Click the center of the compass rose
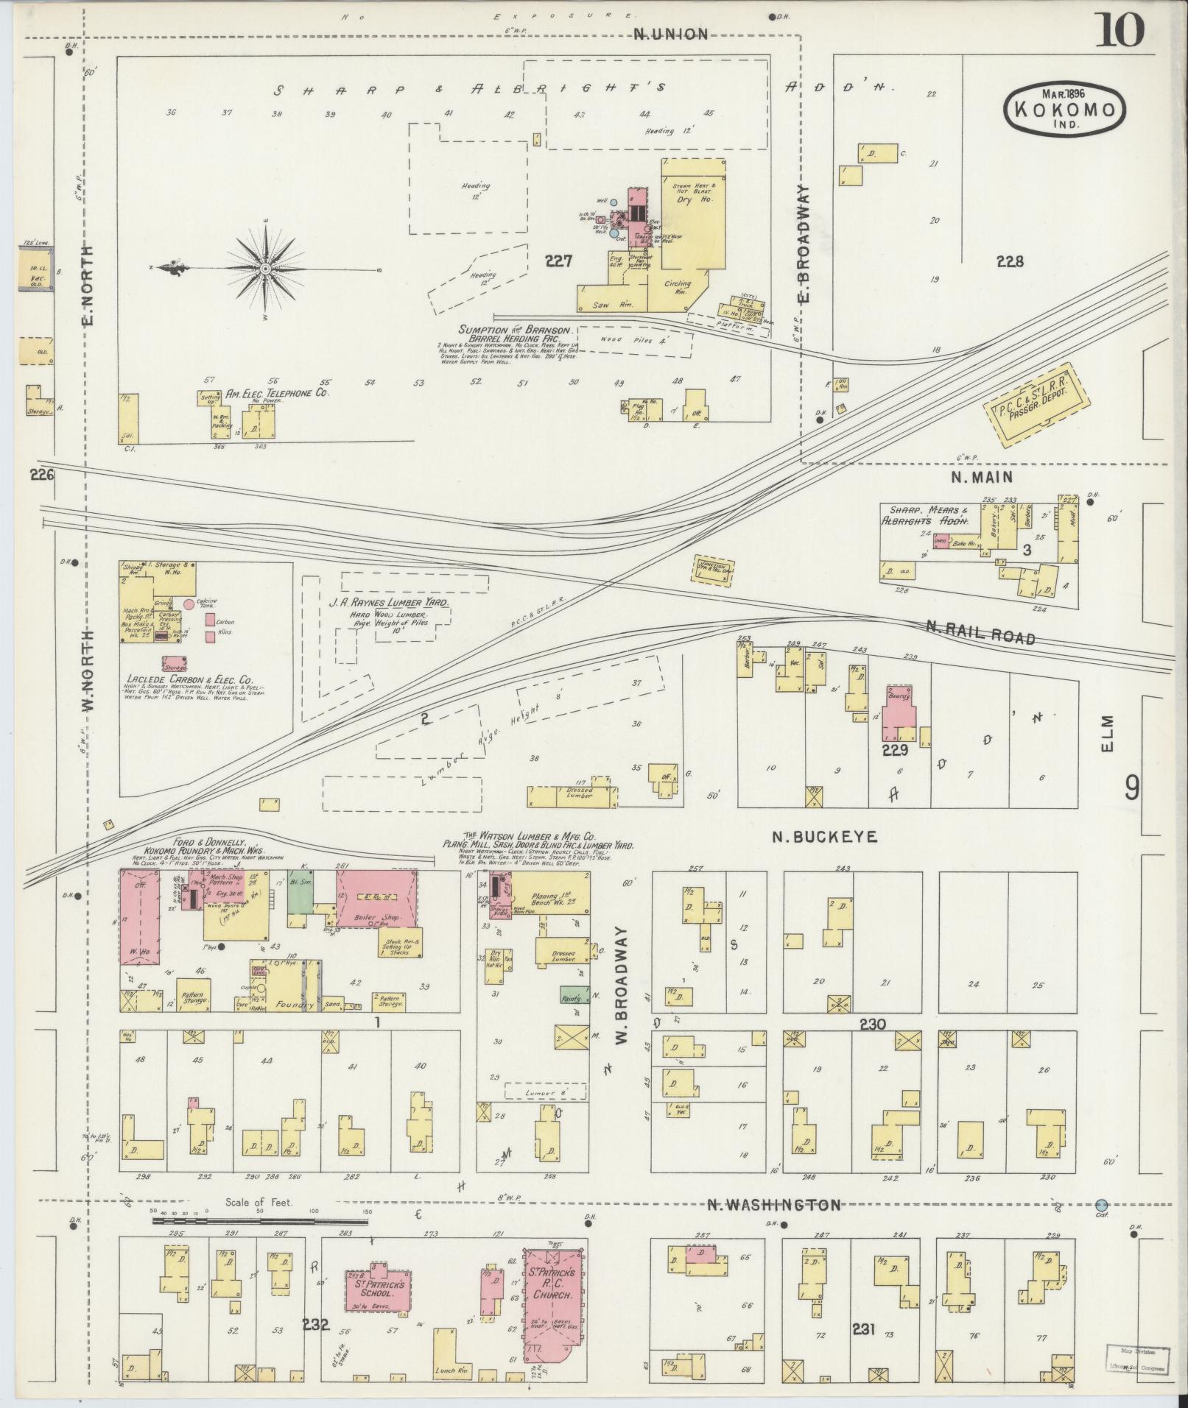coord(264,269)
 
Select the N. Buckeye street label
coord(824,837)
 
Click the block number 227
coord(559,260)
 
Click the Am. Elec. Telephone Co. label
coord(277,393)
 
